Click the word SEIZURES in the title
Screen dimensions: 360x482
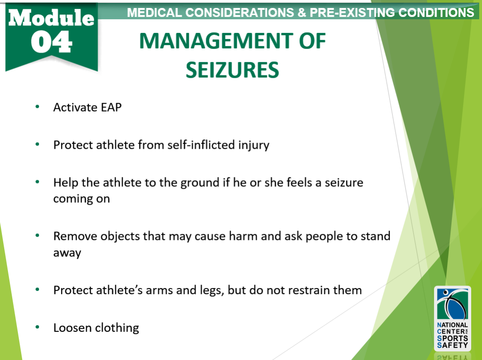tap(232, 70)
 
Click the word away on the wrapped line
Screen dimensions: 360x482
tap(67, 253)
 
